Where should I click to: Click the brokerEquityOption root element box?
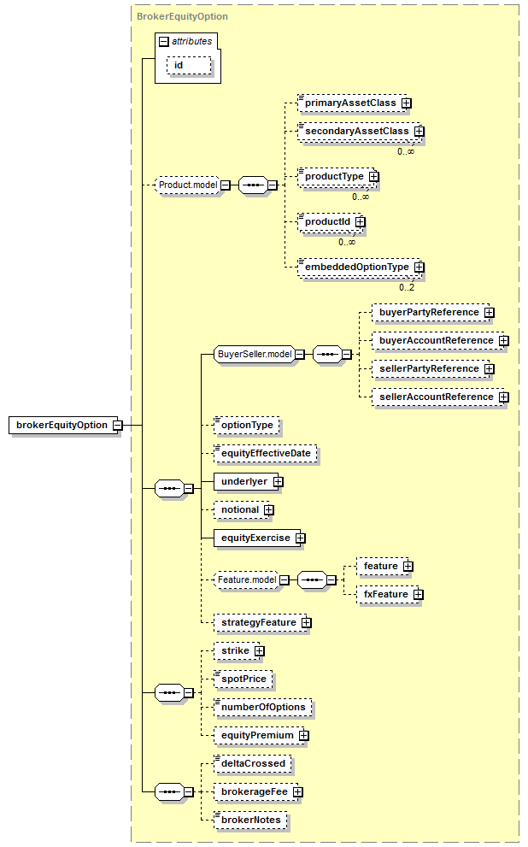[x=63, y=425]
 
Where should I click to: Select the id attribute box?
[x=189, y=65]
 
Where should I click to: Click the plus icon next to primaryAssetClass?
[x=407, y=103]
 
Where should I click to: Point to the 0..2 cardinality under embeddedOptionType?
[x=407, y=287]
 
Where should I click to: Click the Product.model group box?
[x=187, y=185]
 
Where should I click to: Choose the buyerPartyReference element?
[x=431, y=312]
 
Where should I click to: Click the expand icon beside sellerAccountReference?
[x=504, y=397]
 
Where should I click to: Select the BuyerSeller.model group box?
[x=255, y=355]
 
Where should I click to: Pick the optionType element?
[x=247, y=425]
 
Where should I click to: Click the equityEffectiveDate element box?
[x=266, y=453]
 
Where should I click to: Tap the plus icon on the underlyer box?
[x=278, y=482]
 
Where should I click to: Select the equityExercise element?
[x=257, y=538]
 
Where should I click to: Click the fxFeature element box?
[x=387, y=594]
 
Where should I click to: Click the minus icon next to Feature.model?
[x=284, y=580]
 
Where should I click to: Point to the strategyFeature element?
[x=260, y=622]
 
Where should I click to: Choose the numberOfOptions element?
[x=263, y=707]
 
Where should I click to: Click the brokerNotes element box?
[x=250, y=820]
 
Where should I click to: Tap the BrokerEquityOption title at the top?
[x=183, y=17]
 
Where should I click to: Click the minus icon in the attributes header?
[x=164, y=42]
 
